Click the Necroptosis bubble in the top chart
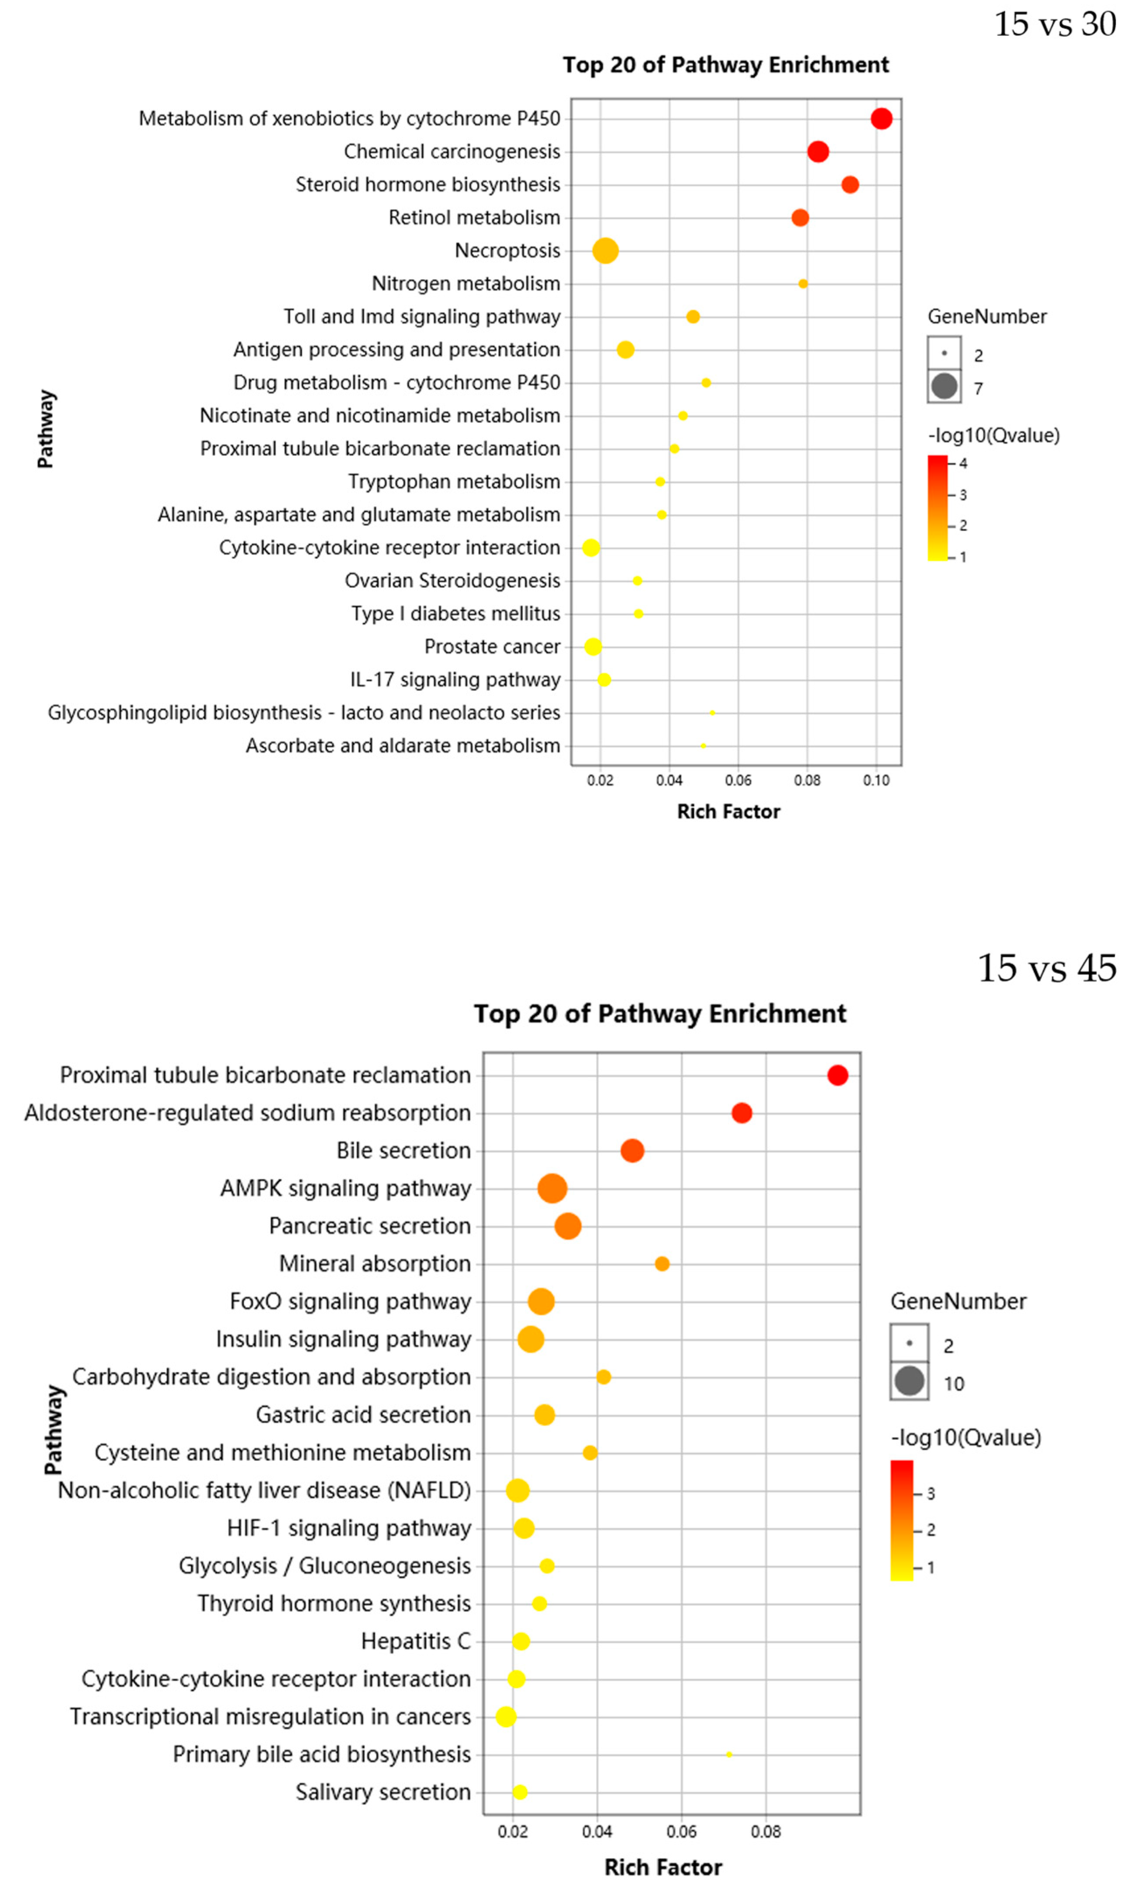click(x=605, y=251)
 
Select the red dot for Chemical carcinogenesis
click(x=817, y=151)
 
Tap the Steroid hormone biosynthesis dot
click(x=850, y=185)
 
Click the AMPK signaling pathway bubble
click(x=552, y=1189)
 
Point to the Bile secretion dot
click(x=632, y=1151)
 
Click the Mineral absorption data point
click(x=662, y=1264)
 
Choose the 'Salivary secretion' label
click(x=383, y=1793)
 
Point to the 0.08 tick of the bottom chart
click(x=766, y=1832)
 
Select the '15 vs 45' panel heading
click(x=1047, y=969)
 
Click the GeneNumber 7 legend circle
click(x=944, y=386)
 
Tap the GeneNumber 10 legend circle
click(x=909, y=1381)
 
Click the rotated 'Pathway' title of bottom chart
click(x=53, y=1429)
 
